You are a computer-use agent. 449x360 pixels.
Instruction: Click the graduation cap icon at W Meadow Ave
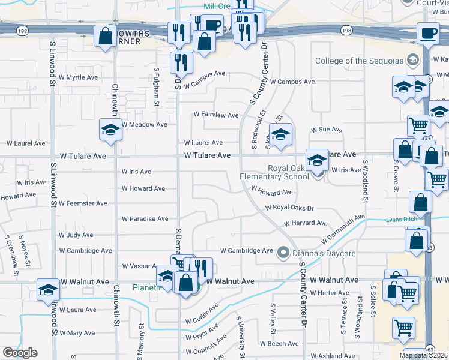pyautogui.click(x=110, y=130)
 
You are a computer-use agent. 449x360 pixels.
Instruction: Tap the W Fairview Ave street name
pyautogui.click(x=215, y=115)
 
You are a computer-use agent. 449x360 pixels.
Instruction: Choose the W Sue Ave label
pyautogui.click(x=326, y=130)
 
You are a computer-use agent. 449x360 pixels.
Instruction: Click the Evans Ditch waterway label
pyautogui.click(x=401, y=220)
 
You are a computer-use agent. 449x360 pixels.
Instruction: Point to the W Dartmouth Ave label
pyautogui.click(x=342, y=230)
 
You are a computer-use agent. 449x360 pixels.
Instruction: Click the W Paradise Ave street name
pyautogui.click(x=145, y=219)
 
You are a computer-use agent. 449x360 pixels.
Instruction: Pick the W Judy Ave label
pyautogui.click(x=76, y=235)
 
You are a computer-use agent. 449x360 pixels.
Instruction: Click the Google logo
pyautogui.click(x=20, y=353)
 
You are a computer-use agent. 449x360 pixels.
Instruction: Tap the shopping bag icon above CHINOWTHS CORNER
pyautogui.click(x=106, y=35)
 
